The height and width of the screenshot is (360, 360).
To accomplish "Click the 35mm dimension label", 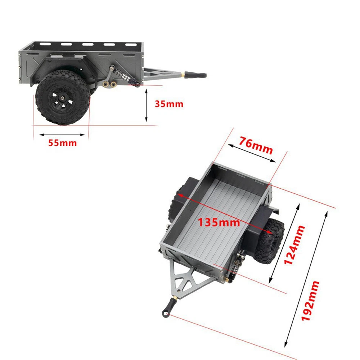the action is pos(169,104).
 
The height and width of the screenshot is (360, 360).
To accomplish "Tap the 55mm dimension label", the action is pos(62,143).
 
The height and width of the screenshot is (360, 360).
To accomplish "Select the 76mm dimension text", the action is pos(256,145).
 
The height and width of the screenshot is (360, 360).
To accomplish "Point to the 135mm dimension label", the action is pos(219,222).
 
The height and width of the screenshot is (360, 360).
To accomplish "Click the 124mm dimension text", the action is pos(294,245).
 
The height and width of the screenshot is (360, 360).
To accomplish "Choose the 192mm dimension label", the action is pos(310,301).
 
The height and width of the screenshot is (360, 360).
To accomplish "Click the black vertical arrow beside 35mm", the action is pos(146,105).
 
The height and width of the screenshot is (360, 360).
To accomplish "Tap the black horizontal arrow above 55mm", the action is pos(62,135).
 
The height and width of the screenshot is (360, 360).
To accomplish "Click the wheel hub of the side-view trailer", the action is pos(62,98).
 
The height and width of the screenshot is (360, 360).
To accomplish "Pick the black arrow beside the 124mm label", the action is pos(284,243).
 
